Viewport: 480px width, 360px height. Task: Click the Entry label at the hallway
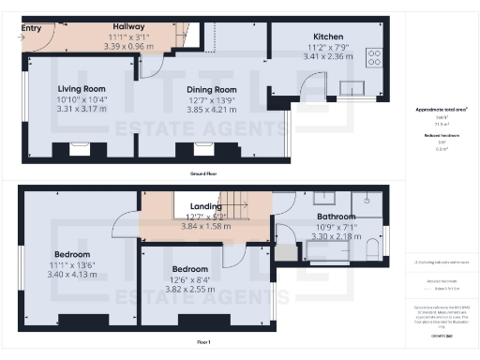[32, 28]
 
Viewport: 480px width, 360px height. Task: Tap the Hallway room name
[127, 26]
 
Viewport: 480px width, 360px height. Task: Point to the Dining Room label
[200, 90]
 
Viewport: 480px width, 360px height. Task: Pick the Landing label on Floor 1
[205, 207]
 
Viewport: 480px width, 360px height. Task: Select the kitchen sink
[352, 89]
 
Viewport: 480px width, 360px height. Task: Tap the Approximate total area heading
[442, 111]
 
